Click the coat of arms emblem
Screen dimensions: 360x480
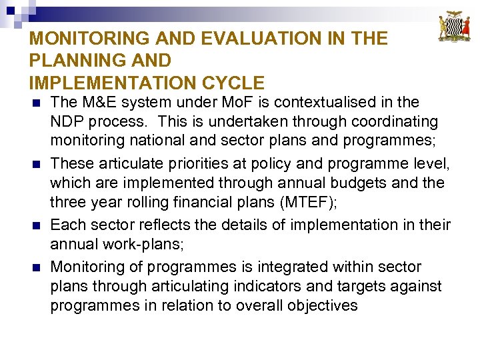click(x=454, y=27)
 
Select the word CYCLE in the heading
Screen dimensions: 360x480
click(x=233, y=83)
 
